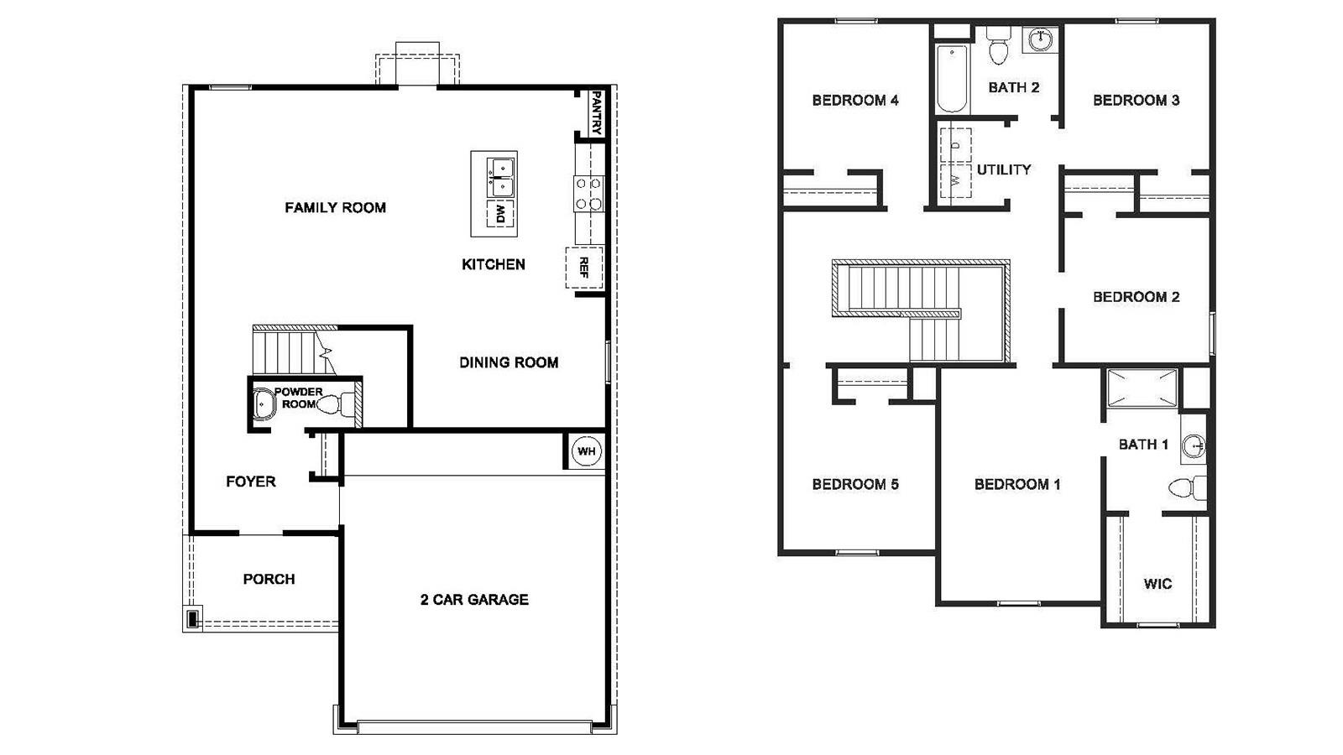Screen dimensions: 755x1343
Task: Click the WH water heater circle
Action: point(586,451)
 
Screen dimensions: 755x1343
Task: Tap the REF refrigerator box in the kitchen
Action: point(584,268)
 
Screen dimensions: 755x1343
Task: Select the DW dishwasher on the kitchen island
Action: point(500,214)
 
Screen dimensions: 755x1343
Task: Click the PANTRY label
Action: point(596,113)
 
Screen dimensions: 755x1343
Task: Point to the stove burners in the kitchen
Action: point(588,193)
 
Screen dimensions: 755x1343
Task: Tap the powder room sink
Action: point(264,404)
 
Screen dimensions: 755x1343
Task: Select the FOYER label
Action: point(251,482)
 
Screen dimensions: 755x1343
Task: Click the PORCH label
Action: point(269,579)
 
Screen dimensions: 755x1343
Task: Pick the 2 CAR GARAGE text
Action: point(474,600)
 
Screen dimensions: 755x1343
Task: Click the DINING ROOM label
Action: point(509,362)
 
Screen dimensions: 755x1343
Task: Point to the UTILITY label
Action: point(1004,169)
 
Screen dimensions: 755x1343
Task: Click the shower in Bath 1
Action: point(1142,388)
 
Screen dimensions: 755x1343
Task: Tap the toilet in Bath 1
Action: point(1187,487)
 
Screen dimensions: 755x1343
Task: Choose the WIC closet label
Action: point(1157,584)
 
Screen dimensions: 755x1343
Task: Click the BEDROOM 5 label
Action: point(855,484)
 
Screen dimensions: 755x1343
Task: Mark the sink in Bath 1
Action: point(1193,446)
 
